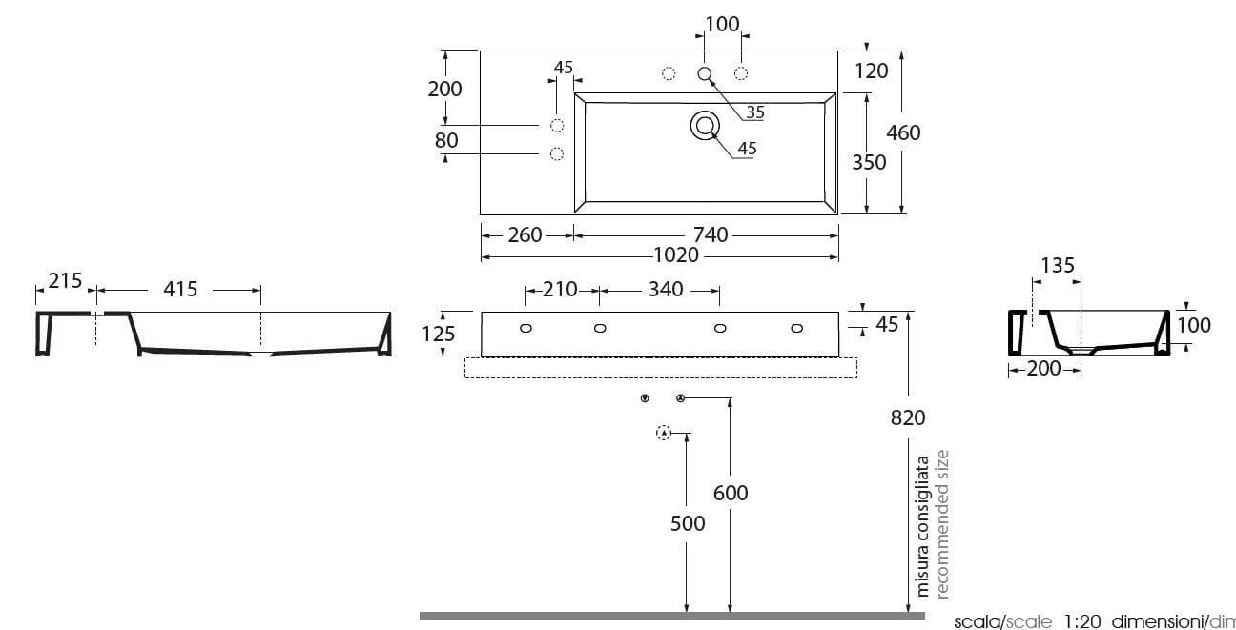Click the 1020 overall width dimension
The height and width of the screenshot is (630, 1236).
pos(676,256)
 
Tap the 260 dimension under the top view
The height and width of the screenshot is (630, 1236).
pos(525,234)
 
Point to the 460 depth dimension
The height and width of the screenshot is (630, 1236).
pos(903,132)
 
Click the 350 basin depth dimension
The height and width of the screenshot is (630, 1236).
pos(869,162)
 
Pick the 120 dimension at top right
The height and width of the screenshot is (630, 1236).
pos(872,70)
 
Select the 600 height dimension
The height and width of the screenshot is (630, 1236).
pos(731,493)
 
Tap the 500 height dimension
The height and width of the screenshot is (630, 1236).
pos(687,523)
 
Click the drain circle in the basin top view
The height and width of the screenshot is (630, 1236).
pos(705,125)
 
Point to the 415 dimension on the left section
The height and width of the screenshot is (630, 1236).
pos(179,289)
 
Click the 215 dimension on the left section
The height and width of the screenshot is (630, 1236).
pos(65,281)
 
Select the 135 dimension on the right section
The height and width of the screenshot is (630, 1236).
pos(1058,266)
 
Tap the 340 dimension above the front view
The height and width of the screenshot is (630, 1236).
pos(665,289)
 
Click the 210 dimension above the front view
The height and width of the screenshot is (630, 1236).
pos(560,289)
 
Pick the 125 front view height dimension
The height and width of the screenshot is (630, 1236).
pos(439,334)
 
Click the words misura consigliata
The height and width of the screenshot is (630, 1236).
pos(923,526)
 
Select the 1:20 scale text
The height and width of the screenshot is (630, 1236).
pos(1082,621)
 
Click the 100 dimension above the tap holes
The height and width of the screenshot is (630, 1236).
pos(723,24)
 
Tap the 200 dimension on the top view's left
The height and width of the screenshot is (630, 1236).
pos(444,89)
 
